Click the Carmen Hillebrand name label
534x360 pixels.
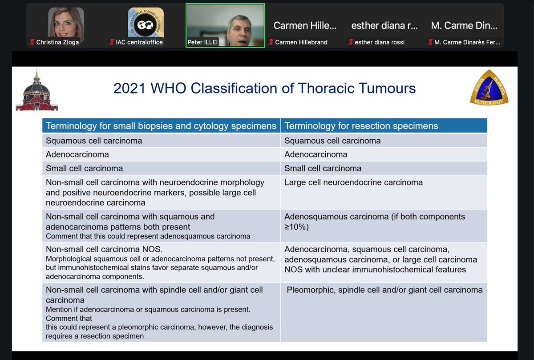pos(301,42)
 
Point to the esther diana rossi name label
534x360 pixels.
pos(380,42)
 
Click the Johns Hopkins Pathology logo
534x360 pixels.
pos(489,87)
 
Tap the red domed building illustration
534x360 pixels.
pos(36,91)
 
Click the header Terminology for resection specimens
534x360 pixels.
pos(361,126)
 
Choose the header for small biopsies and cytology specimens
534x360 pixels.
pos(161,126)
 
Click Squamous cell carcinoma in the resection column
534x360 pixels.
pos(332,141)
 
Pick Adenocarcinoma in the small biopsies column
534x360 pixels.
pos(77,154)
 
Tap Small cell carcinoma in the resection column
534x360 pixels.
pos(323,168)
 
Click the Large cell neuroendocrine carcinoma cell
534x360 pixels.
pos(354,182)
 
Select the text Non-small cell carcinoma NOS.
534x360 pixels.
pos(101,249)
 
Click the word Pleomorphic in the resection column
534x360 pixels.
pos(310,290)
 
